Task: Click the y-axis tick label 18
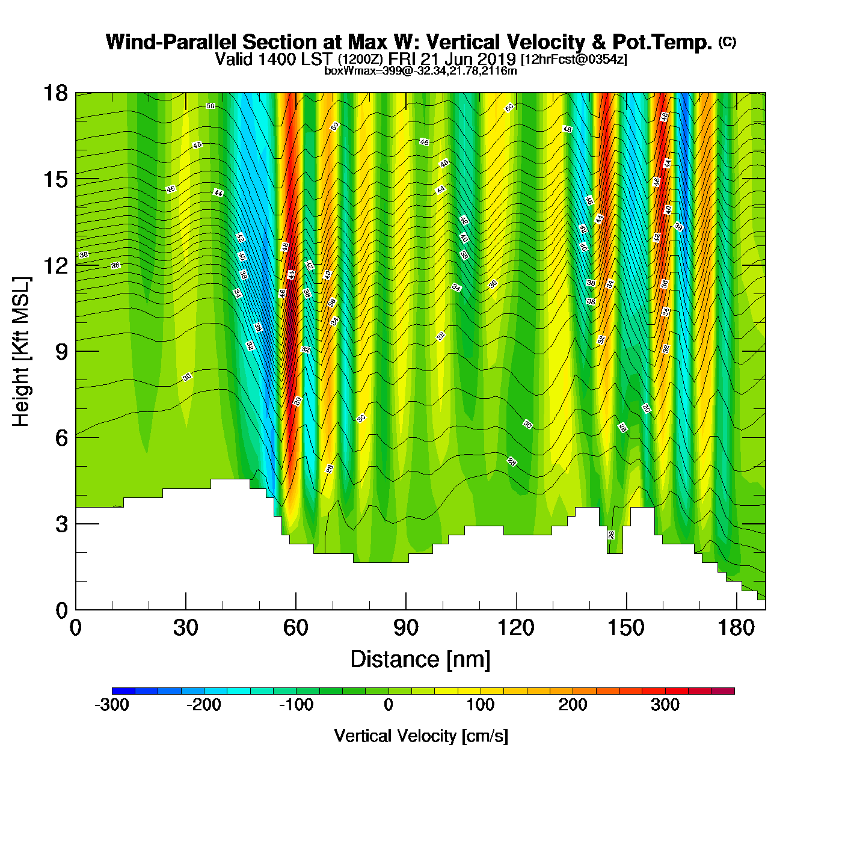tap(55, 93)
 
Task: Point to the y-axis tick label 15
tap(55, 179)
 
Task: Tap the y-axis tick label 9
tap(61, 352)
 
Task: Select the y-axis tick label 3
tap(61, 524)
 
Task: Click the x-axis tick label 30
tap(185, 628)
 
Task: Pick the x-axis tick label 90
tap(406, 628)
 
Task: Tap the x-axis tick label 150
tap(626, 628)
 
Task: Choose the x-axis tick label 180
tap(736, 628)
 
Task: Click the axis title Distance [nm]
tap(420, 660)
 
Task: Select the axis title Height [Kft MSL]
tap(21, 352)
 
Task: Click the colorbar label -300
tap(112, 705)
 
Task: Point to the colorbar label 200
tap(573, 705)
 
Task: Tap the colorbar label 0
tap(389, 705)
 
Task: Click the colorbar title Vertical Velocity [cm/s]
tap(421, 736)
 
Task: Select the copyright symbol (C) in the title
tap(727, 41)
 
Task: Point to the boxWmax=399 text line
tap(420, 71)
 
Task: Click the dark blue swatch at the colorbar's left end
tap(123, 691)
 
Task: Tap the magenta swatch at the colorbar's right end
tap(723, 691)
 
